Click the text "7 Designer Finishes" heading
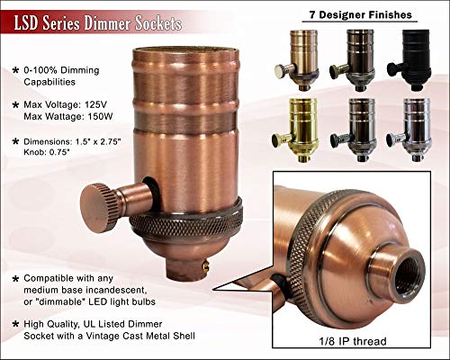[x=360, y=14]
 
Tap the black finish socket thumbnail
[x=410, y=60]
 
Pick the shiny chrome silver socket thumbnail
[x=410, y=130]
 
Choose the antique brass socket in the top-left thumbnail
[x=297, y=60]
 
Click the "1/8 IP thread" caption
[x=352, y=341]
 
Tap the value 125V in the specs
[x=95, y=104]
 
